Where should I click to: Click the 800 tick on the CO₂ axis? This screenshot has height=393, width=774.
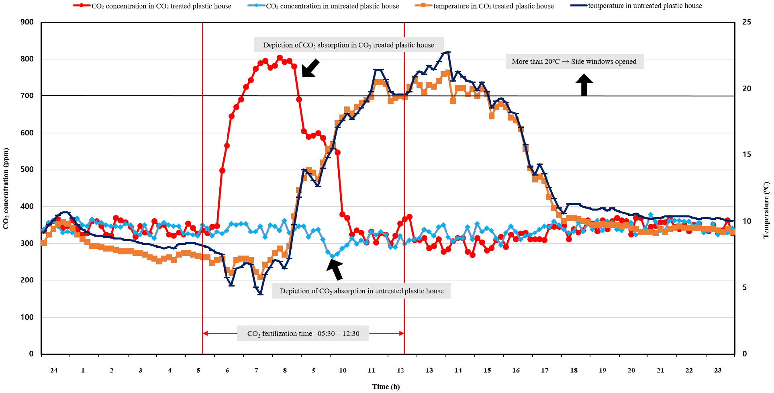tap(27, 59)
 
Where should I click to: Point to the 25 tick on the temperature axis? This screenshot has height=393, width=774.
tap(747, 22)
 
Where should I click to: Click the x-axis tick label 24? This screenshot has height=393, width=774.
tap(54, 370)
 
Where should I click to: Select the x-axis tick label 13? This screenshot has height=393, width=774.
tap(429, 370)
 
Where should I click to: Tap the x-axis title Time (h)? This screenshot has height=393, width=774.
tap(386, 387)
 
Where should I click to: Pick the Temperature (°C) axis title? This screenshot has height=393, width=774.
tap(766, 210)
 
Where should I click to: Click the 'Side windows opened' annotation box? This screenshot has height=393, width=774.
tap(574, 61)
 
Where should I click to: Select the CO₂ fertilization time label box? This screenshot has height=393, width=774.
tap(303, 334)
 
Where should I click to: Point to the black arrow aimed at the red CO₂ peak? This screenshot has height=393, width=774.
tap(310, 68)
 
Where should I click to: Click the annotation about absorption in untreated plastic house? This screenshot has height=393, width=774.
tap(361, 291)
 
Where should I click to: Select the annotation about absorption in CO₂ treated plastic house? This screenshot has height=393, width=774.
tap(349, 45)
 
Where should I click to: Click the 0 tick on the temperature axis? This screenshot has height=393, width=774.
tap(745, 354)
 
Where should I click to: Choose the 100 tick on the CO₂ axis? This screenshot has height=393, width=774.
tap(27, 317)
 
